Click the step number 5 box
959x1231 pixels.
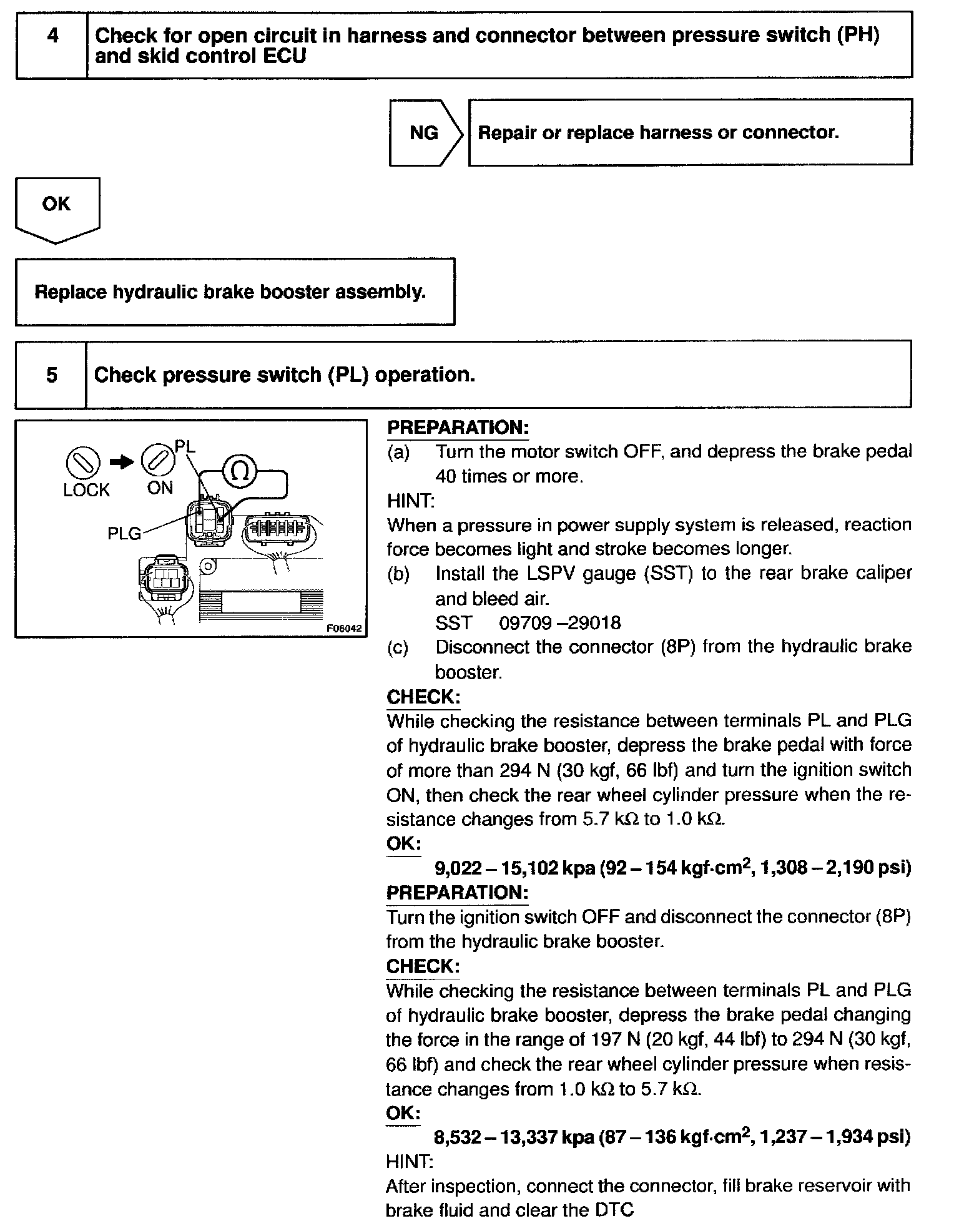point(51,375)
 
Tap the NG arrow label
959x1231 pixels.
point(424,133)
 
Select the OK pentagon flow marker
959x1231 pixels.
point(56,206)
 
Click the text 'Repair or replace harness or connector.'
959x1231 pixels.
point(658,132)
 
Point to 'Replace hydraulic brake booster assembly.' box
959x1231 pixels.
point(235,292)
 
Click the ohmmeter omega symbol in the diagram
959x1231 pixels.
point(240,471)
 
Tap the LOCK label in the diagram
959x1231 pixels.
point(86,491)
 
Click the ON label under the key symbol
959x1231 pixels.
point(160,488)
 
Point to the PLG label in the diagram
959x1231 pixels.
point(124,534)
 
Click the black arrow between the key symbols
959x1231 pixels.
point(121,462)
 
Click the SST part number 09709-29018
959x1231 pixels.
point(560,623)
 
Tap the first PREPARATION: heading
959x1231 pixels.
point(458,428)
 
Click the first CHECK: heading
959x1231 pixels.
point(423,697)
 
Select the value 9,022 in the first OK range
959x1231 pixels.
point(459,868)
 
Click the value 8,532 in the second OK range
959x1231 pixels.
point(458,1137)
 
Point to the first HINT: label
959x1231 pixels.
point(411,501)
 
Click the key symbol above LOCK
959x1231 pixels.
point(82,463)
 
